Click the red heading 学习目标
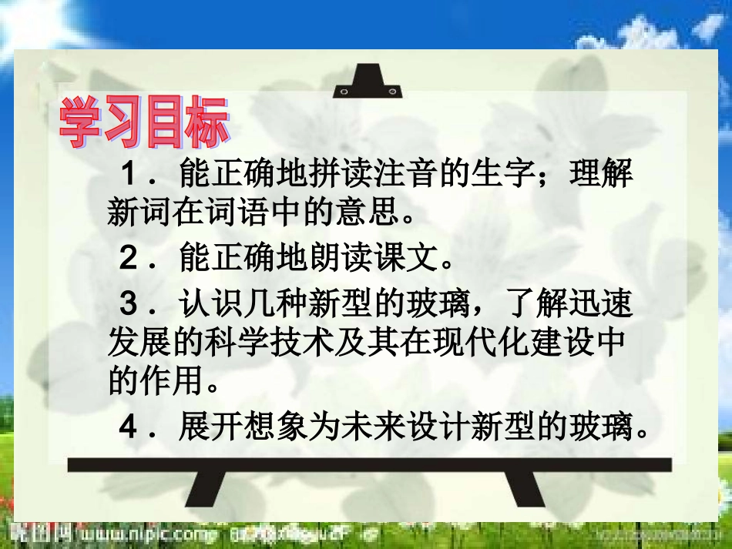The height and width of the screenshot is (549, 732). (144, 123)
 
